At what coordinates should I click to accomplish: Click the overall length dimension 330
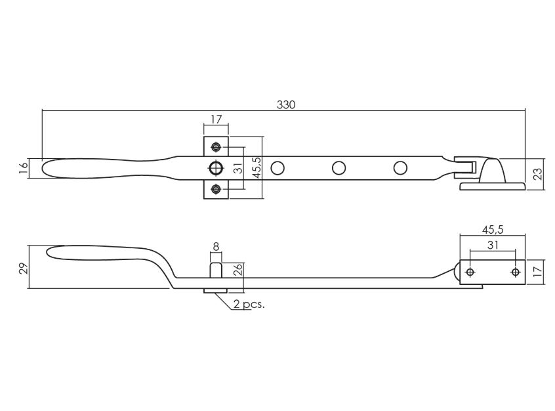pyautogui.click(x=286, y=105)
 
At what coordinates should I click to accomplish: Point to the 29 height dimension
pyautogui.click(x=24, y=267)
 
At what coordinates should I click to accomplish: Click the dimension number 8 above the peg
pyautogui.click(x=216, y=248)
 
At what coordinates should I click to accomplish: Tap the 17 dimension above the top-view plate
pyautogui.click(x=216, y=120)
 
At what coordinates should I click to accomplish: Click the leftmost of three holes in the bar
pyautogui.click(x=277, y=168)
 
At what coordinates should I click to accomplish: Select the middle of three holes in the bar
pyautogui.click(x=339, y=168)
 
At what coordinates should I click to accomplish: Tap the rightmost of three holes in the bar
pyautogui.click(x=400, y=168)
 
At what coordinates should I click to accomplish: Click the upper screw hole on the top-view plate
pyautogui.click(x=216, y=146)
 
